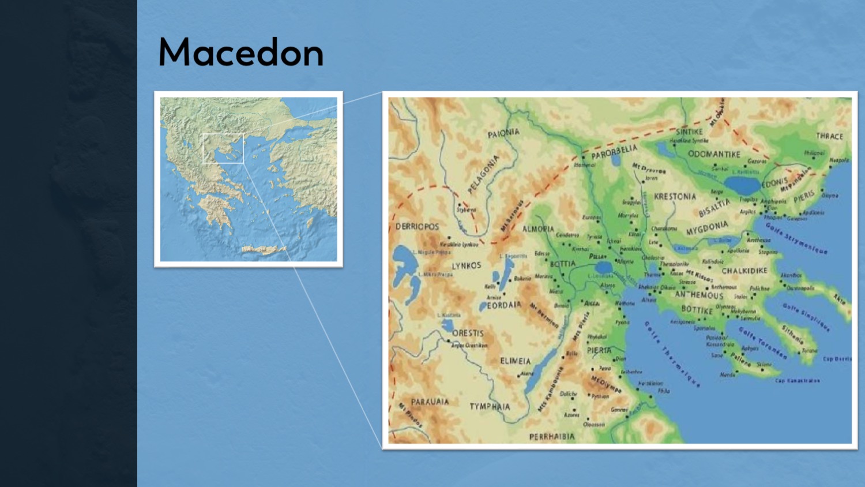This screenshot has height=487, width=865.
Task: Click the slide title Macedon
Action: click(x=241, y=53)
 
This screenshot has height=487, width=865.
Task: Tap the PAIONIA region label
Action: click(x=503, y=133)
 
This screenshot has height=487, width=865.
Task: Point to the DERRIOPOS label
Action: click(x=417, y=227)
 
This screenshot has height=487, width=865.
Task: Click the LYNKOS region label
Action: click(x=466, y=266)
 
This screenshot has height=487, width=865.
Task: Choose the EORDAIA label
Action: click(x=504, y=305)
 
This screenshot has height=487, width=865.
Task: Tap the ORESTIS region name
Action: click(x=468, y=333)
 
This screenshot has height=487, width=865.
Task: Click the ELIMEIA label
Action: click(x=515, y=361)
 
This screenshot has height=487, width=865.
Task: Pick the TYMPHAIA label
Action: click(x=490, y=406)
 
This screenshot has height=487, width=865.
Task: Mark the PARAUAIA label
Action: click(x=430, y=402)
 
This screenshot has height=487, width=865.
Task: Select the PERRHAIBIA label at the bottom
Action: click(x=552, y=436)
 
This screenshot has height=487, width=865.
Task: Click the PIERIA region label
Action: click(x=599, y=350)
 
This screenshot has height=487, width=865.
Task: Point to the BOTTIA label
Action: click(x=562, y=264)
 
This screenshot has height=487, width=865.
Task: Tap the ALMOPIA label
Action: click(x=538, y=229)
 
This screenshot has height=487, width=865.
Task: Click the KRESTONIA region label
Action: click(x=675, y=196)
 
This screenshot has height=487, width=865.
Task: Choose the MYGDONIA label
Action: click(x=707, y=228)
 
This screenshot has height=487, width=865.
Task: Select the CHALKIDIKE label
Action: click(x=744, y=271)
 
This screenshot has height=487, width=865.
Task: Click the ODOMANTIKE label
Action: click(x=714, y=154)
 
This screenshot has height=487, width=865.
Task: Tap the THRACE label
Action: click(x=829, y=136)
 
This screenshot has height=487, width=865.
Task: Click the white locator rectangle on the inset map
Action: click(x=223, y=148)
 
